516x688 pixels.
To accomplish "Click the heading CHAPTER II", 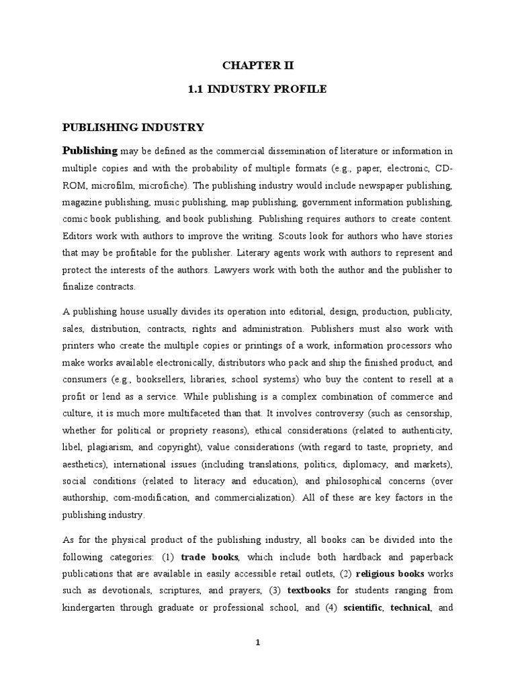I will click(257, 65).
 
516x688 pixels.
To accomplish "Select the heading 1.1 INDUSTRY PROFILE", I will click(257, 89).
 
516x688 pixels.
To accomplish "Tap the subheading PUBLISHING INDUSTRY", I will click(133, 127).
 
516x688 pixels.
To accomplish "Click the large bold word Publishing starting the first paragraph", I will click(90, 150).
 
